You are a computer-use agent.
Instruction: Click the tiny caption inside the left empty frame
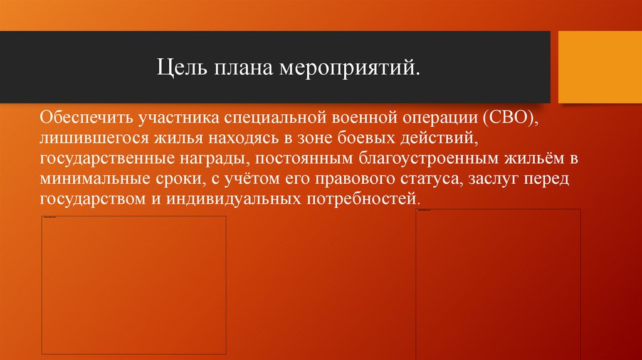[x=49, y=218]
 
